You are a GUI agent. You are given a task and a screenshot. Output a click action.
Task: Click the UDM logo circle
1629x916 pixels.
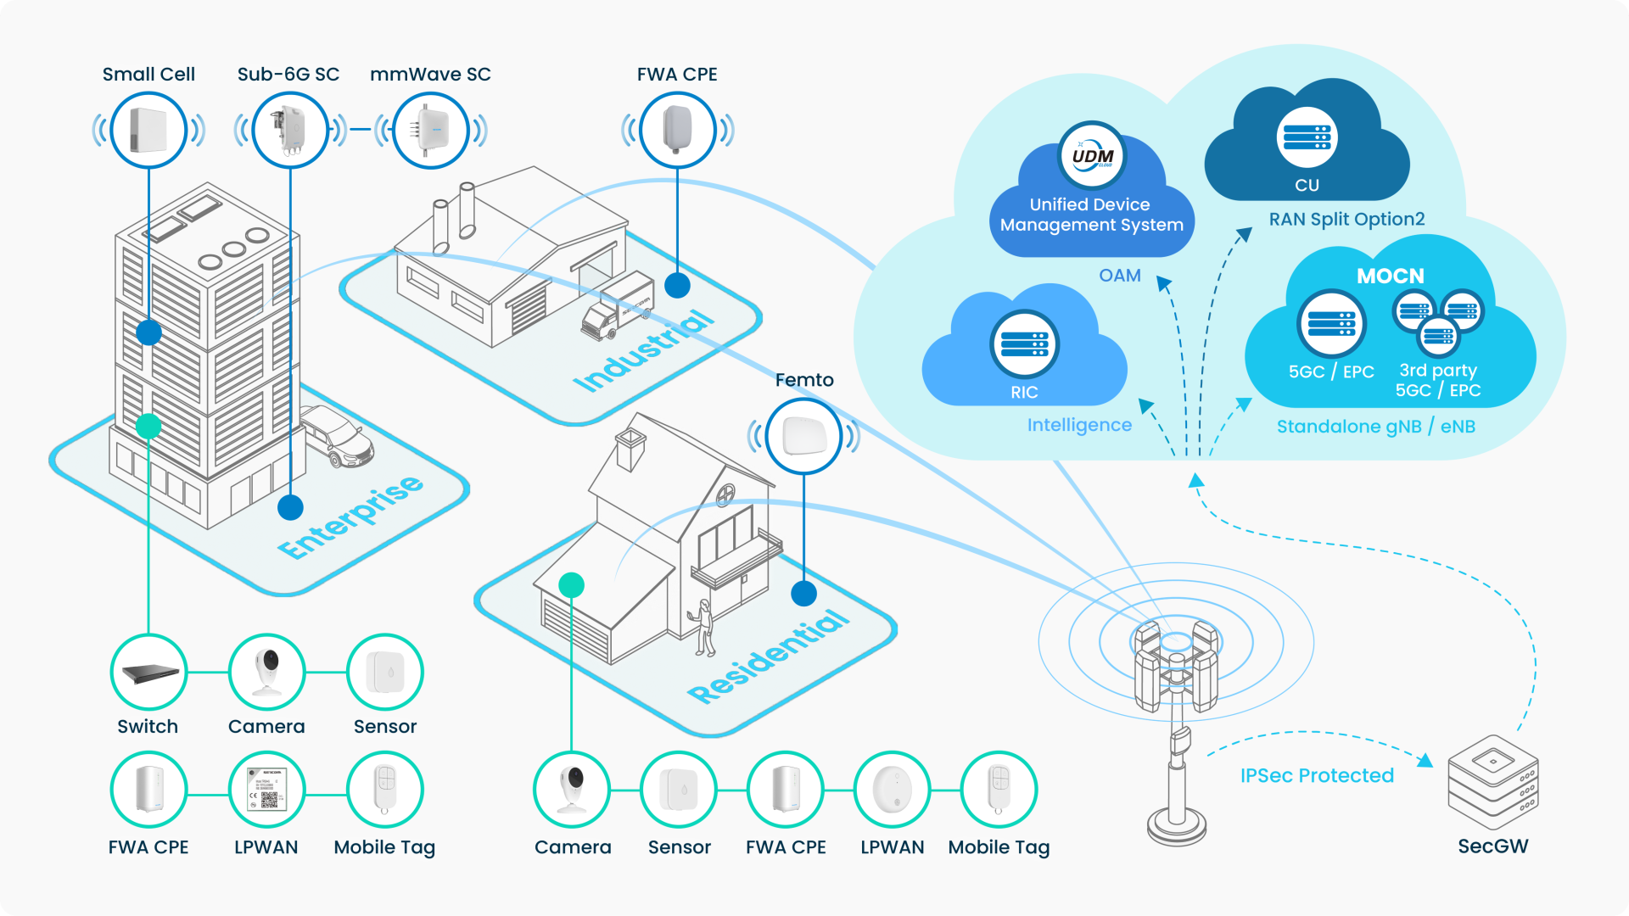1092,156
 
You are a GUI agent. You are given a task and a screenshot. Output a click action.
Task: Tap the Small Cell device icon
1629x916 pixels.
148,131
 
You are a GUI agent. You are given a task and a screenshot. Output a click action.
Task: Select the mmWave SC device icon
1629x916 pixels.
431,131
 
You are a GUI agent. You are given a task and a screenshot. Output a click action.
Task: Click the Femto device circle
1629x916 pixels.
803,436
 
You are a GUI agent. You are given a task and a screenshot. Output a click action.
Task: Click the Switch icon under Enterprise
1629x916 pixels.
148,673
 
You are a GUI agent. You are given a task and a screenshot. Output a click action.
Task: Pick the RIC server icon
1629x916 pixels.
1024,343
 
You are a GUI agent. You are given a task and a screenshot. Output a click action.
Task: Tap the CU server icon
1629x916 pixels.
1307,137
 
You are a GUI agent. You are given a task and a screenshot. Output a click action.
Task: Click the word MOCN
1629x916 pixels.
1390,276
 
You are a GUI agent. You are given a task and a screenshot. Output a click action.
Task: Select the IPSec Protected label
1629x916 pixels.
1317,775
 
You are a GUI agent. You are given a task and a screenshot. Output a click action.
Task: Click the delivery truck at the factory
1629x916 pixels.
617,307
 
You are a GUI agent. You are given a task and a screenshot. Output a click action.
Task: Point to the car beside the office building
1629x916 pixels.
337,435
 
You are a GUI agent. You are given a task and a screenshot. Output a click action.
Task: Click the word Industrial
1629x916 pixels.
643,350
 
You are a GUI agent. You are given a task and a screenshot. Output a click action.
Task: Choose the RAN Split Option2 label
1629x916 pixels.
1346,219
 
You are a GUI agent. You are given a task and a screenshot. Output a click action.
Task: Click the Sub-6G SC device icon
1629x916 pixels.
290,131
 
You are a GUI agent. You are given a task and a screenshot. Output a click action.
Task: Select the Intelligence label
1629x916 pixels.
1079,425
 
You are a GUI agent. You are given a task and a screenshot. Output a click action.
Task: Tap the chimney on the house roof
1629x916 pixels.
630,449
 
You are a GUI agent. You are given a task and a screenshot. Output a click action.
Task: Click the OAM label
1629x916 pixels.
1119,276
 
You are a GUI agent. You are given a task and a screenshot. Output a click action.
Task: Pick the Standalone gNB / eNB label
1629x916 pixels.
1375,427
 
